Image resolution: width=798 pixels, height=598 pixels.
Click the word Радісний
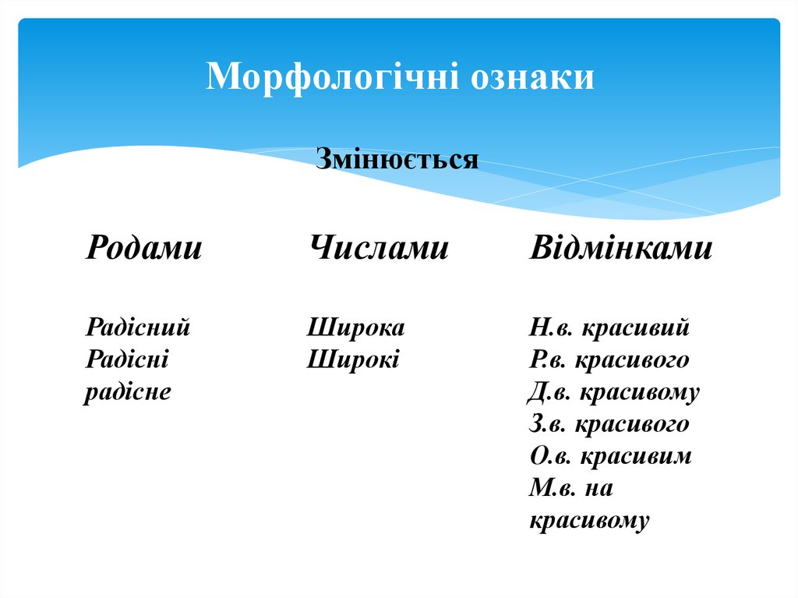click(138, 327)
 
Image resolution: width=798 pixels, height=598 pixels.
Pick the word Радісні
click(128, 359)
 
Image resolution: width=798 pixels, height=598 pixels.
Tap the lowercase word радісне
click(128, 391)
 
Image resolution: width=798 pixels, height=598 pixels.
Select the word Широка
click(356, 327)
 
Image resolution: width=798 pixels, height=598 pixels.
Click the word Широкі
click(353, 359)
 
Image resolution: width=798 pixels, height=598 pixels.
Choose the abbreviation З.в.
click(550, 424)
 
